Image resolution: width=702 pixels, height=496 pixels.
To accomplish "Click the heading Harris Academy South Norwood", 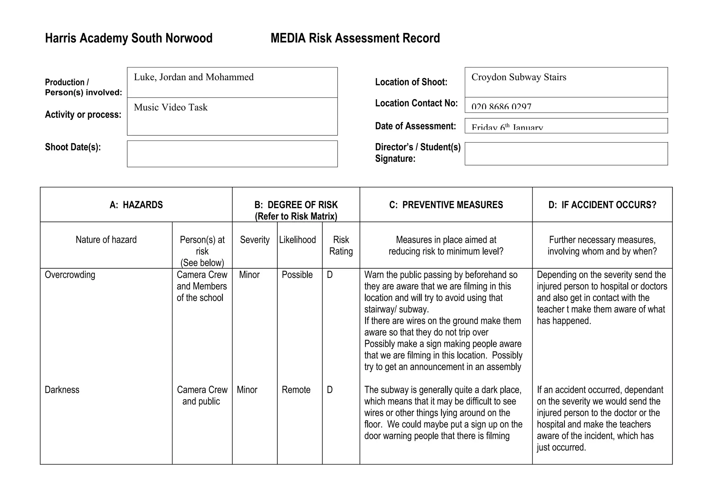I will pos(129,38).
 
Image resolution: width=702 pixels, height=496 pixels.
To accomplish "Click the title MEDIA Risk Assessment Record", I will pos(355,38).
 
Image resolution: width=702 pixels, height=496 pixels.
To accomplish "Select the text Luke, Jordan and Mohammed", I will pos(194,77).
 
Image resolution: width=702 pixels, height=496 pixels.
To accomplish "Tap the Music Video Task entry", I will pos(171,107).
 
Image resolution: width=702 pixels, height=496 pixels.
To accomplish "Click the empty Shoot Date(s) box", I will pos(232,154).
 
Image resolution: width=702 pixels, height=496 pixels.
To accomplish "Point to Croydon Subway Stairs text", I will pos(519,77).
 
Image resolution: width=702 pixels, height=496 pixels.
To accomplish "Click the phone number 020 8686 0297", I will pos(501,107).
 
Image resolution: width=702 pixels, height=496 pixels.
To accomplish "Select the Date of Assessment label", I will pos(415,126).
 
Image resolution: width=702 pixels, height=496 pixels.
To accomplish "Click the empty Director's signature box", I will pos(566,154).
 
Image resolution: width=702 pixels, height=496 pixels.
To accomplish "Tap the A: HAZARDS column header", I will pos(136,205).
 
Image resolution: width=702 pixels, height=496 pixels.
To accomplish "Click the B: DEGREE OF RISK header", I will pos(296,205).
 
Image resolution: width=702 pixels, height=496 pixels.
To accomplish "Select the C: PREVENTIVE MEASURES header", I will pos(446,205).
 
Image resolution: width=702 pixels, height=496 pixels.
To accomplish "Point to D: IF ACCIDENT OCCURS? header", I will pos(602,205).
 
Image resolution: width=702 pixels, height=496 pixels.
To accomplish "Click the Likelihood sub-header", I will pos(298,240).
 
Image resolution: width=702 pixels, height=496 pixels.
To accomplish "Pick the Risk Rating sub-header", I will pos(341,245).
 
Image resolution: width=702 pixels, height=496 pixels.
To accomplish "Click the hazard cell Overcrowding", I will pos(70,275).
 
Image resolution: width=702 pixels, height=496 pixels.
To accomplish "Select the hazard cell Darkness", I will pos(62,390).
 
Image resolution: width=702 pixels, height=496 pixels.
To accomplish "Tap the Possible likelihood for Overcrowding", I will pos(297,275).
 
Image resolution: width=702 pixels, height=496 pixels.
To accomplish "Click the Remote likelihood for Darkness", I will pos(296,390).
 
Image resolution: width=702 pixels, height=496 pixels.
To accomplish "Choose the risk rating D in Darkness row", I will pos(330,390).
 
